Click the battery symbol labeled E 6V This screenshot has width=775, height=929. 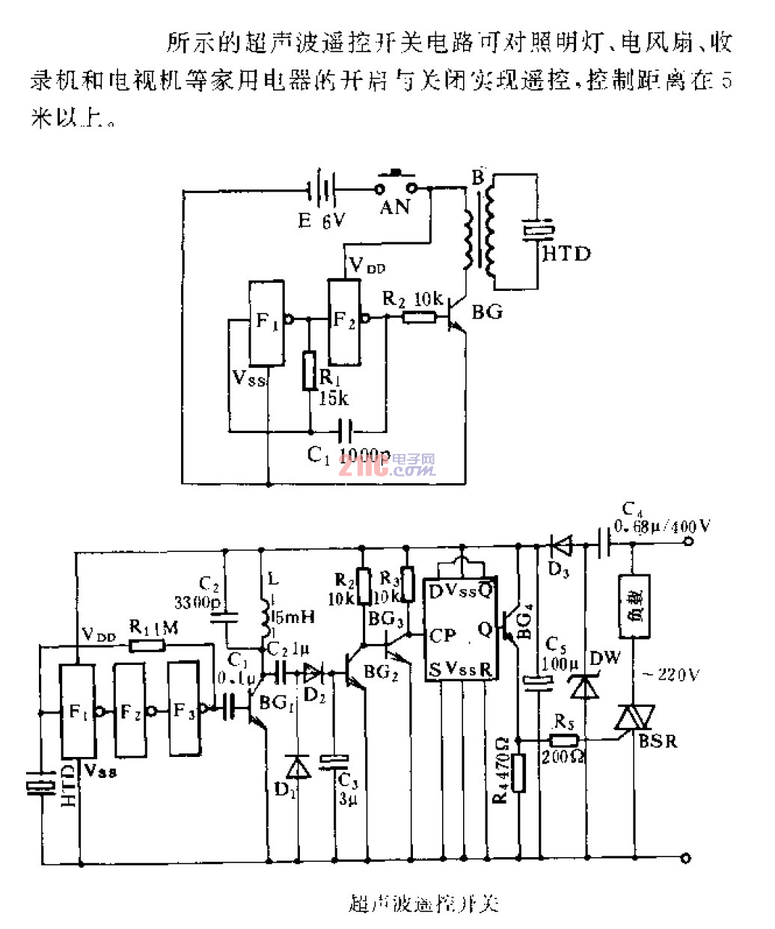pos(323,190)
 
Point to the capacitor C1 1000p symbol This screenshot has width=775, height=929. pos(346,431)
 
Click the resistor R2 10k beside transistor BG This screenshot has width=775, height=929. pos(419,317)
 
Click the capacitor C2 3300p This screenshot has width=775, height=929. pos(224,618)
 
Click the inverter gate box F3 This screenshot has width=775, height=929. pos(184,709)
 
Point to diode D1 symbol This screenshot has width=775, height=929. pos(298,767)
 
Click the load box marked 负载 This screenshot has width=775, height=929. pos(634,605)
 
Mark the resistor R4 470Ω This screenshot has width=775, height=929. pos(518,772)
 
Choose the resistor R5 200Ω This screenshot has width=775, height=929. pos(564,741)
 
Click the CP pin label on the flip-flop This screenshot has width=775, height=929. pos(443,636)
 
